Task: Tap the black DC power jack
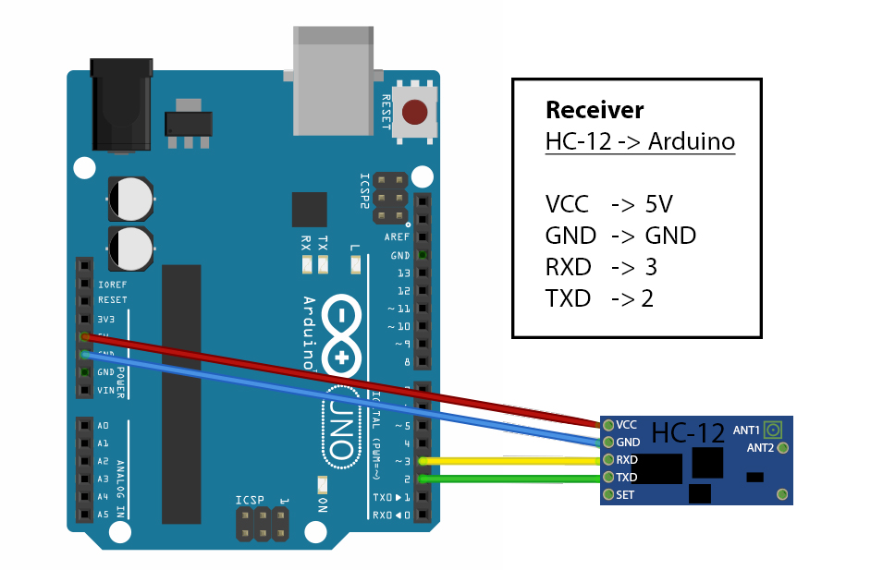tap(119, 104)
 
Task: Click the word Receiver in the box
tap(594, 110)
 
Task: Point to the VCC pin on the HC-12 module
tap(607, 424)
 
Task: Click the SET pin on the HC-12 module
tap(607, 494)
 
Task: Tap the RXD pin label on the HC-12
tap(627, 459)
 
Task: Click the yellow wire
tap(509, 460)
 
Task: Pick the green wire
tap(509, 479)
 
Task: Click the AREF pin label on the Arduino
tap(397, 237)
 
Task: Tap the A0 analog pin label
tap(103, 426)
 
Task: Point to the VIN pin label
tap(106, 390)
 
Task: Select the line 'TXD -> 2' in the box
tap(599, 298)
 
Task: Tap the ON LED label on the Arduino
tap(323, 503)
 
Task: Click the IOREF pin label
tap(112, 285)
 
